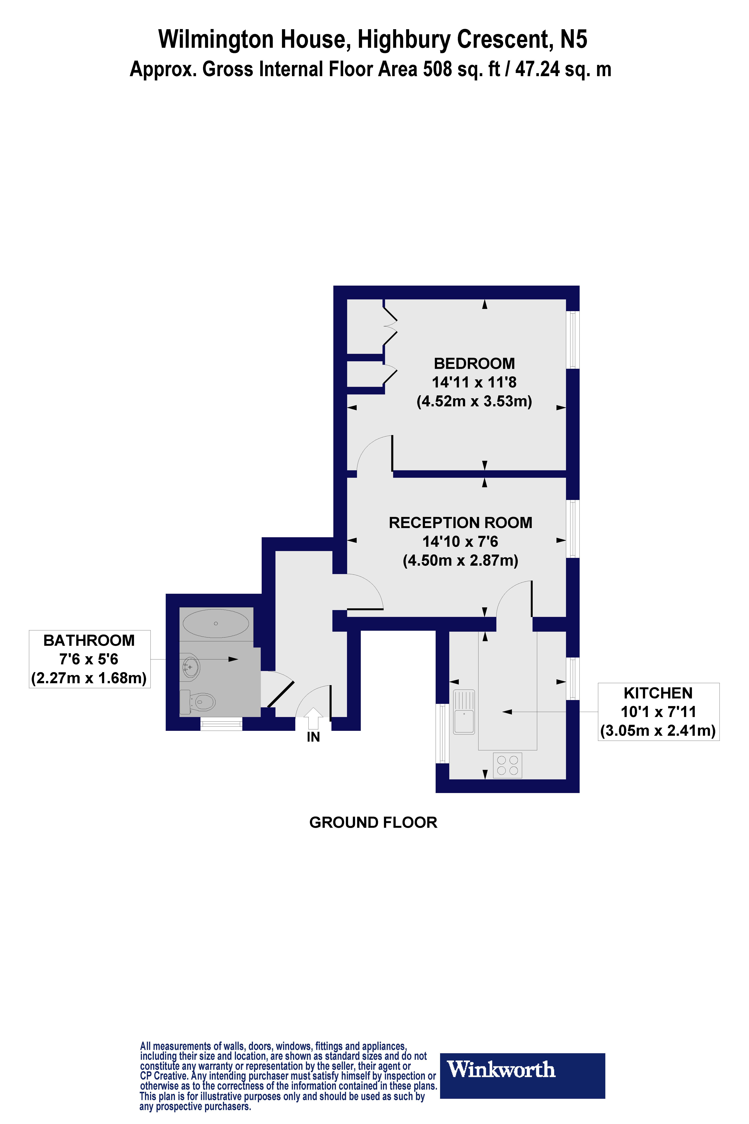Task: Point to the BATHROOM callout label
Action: pos(89,640)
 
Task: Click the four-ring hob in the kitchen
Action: pos(507,765)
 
